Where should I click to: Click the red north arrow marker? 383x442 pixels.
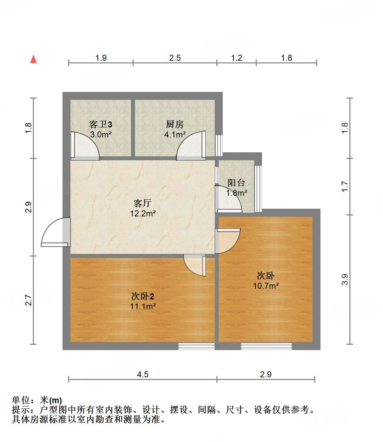33,59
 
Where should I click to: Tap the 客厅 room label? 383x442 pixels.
143,203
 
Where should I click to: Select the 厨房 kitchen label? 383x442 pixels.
175,124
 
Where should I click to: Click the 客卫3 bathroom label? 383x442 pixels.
100,124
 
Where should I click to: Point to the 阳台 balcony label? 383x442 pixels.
236,183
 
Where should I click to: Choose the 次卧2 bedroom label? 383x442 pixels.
143,296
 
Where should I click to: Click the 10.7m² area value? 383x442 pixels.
266,286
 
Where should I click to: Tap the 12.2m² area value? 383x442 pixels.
143,213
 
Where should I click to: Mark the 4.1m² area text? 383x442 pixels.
175,135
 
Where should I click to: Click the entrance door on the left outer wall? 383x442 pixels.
56,232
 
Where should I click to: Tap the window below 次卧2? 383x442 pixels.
196,346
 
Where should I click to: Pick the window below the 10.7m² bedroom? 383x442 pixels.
266,346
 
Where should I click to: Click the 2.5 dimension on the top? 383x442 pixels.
175,58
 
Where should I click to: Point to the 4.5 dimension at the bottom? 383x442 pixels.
143,375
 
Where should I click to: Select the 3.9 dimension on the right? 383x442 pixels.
345,279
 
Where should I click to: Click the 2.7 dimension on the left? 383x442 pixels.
29,300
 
